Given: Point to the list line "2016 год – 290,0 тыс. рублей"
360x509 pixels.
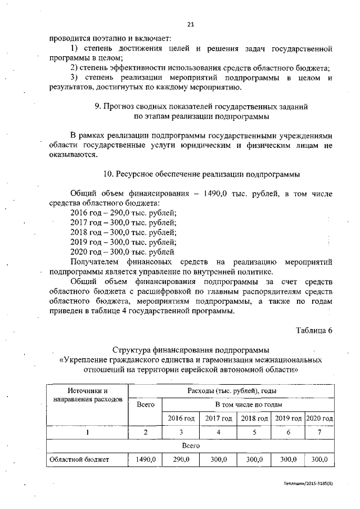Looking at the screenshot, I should click(123, 212).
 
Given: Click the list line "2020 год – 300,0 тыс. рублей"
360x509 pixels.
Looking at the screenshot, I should click(122, 251).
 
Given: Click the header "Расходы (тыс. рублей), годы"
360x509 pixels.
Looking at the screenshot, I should click(231, 390).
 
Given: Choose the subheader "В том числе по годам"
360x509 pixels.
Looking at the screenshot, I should click(248, 404).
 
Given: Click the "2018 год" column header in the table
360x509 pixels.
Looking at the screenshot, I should click(254, 419).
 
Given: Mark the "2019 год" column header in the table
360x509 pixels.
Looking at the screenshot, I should click(287, 419).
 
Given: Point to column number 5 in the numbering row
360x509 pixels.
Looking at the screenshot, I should click(254, 433).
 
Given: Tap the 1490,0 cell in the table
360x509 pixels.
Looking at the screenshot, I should click(145, 460).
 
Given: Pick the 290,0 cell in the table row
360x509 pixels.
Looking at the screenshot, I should click(181, 460).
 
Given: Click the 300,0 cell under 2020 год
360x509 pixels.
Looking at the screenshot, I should click(319, 460).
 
